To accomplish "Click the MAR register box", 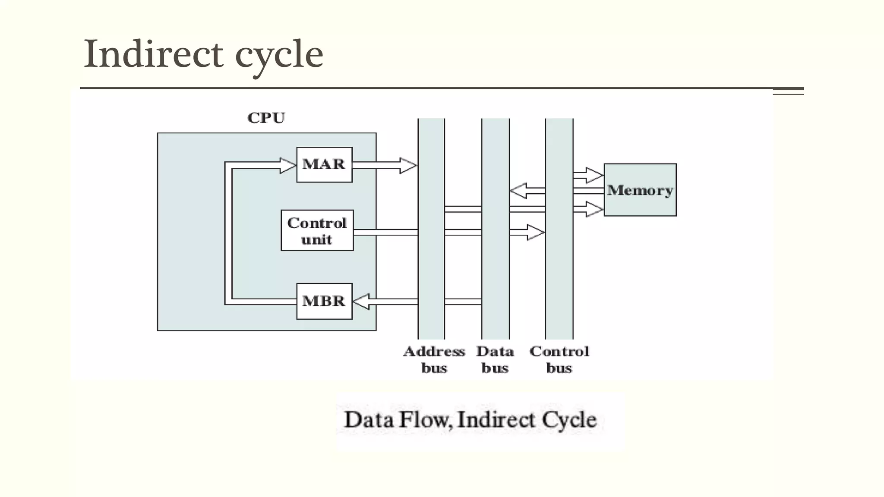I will [324, 165].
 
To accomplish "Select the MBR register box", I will [324, 301].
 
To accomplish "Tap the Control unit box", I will [317, 230].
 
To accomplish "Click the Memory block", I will [640, 190].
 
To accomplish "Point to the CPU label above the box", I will [266, 118].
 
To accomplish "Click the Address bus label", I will [434, 359].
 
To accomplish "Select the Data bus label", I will [495, 359].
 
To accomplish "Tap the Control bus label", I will [559, 359].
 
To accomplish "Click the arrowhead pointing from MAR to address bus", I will [408, 166].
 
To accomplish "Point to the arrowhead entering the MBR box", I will [362, 302].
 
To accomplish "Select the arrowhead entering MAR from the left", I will [287, 166].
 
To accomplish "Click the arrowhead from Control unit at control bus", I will [536, 232].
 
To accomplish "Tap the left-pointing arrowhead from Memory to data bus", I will [518, 191].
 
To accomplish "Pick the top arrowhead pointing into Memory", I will [594, 175].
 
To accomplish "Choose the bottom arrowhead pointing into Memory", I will [594, 209].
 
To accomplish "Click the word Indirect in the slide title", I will [153, 54].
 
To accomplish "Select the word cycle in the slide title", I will [279, 56].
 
